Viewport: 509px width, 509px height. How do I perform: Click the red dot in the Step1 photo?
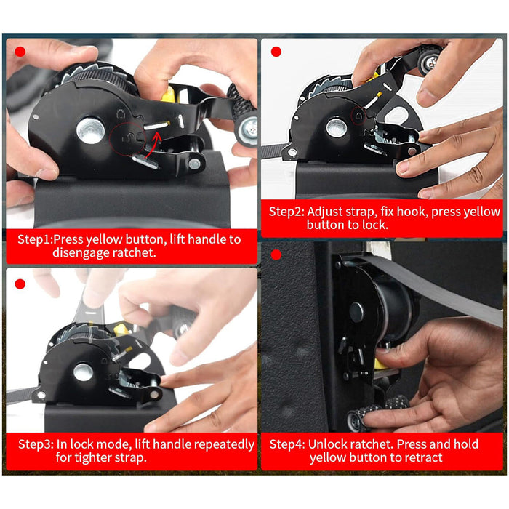pyautogui.click(x=20, y=52)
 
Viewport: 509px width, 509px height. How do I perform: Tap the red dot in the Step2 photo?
pyautogui.click(x=276, y=52)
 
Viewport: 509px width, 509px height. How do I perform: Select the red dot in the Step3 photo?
pyautogui.click(x=20, y=284)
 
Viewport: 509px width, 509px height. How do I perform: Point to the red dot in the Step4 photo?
pyautogui.click(x=276, y=255)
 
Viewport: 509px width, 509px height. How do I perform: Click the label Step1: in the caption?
pyautogui.click(x=35, y=239)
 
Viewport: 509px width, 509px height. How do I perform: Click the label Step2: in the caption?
pyautogui.click(x=286, y=212)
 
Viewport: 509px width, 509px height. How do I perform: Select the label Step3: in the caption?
pyautogui.click(x=36, y=444)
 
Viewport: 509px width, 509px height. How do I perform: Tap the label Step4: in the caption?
pyautogui.click(x=287, y=444)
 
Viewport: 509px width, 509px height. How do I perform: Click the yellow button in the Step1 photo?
pyautogui.click(x=169, y=95)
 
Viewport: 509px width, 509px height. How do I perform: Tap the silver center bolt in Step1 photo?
pyautogui.click(x=91, y=130)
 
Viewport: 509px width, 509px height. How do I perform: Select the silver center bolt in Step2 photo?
pyautogui.click(x=336, y=127)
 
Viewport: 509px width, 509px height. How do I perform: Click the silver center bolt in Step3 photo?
pyautogui.click(x=83, y=372)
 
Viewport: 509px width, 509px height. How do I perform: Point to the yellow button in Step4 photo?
pyautogui.click(x=380, y=364)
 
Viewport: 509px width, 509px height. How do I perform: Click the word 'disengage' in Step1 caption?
pyautogui.click(x=81, y=252)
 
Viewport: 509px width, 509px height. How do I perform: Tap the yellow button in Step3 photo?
pyautogui.click(x=119, y=330)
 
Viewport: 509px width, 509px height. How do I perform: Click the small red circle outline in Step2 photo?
pyautogui.click(x=359, y=116)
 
